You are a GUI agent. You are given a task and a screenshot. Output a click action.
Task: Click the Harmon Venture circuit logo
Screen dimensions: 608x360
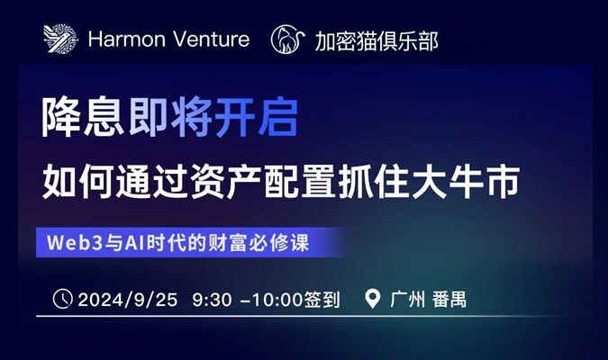(60, 39)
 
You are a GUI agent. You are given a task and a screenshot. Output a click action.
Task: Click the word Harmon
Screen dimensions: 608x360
(126, 39)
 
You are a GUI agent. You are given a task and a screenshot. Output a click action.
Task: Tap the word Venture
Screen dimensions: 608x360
(211, 39)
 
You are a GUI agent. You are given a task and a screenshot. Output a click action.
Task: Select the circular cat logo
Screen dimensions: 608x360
(287, 39)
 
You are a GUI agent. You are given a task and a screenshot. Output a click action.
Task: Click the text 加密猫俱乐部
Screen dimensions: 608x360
(377, 40)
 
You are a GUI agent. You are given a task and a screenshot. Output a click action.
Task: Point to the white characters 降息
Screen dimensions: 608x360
(83, 117)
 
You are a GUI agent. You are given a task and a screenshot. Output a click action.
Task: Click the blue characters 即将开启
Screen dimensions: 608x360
(213, 117)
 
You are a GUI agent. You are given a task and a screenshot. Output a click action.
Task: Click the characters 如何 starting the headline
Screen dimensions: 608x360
(77, 182)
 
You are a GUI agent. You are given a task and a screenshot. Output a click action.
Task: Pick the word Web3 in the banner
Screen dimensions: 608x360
(75, 243)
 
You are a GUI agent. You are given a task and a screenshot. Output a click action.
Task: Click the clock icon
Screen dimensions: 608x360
(62, 299)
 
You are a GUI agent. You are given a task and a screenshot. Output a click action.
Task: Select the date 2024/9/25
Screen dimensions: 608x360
(128, 300)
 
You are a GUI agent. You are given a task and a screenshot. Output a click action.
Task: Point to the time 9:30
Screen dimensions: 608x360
(212, 300)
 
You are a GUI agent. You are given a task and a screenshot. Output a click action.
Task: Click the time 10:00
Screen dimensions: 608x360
(277, 300)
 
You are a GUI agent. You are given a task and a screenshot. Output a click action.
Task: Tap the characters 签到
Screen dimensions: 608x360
(322, 300)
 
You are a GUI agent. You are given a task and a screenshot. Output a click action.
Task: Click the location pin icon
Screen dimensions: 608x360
(372, 299)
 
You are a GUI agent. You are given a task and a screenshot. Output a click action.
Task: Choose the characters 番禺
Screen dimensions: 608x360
(449, 299)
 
